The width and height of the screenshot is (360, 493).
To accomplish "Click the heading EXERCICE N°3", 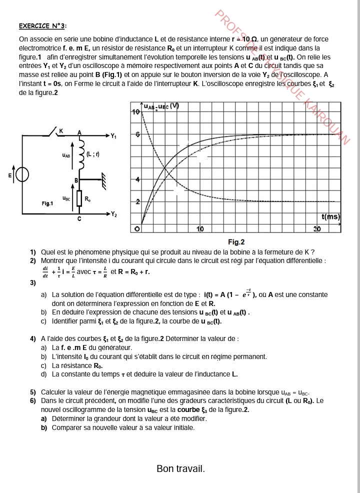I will tap(43, 26).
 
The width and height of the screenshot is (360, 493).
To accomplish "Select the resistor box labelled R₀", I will tap(78, 198).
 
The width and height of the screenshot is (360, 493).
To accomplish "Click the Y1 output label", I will tap(114, 135).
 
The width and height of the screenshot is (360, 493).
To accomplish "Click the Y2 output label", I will tap(114, 214).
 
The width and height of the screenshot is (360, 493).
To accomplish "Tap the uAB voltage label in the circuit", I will tap(66, 156).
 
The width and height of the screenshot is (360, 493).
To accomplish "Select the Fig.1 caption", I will tap(47, 203).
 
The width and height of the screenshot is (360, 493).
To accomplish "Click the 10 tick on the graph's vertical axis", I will tap(135, 111).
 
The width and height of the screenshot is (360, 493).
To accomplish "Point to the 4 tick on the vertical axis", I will tap(137, 179).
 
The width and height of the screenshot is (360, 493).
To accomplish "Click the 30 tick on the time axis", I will tap(317, 228).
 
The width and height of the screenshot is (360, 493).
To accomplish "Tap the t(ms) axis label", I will tap(330, 217).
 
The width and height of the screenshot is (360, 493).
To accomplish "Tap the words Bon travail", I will tap(180, 469).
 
